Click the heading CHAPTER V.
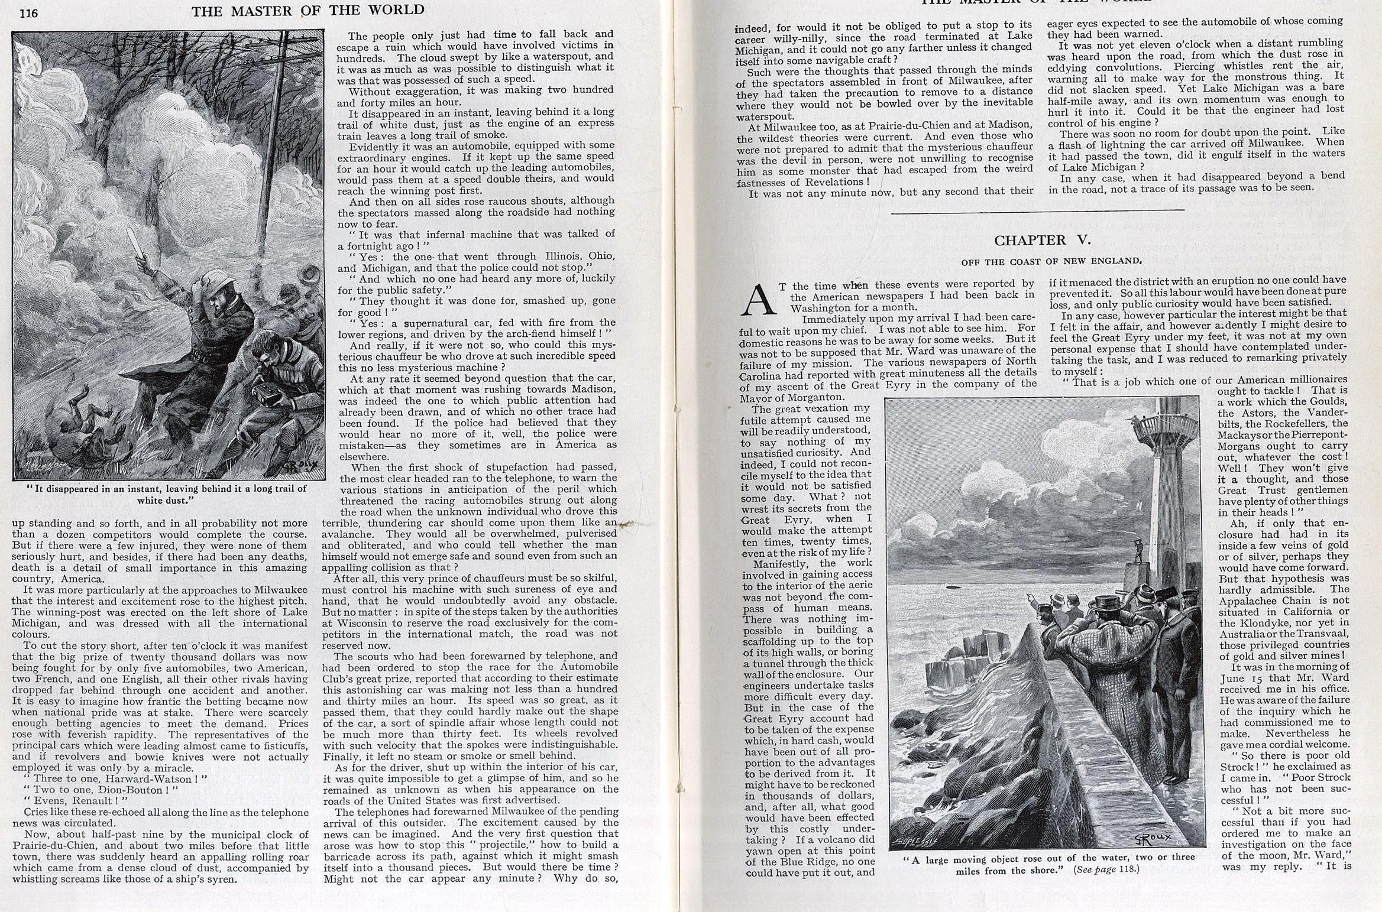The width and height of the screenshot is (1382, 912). [x=1042, y=240]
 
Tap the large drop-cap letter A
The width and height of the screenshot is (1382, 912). [x=758, y=300]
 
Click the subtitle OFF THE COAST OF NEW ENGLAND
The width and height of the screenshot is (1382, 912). [x=1042, y=261]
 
